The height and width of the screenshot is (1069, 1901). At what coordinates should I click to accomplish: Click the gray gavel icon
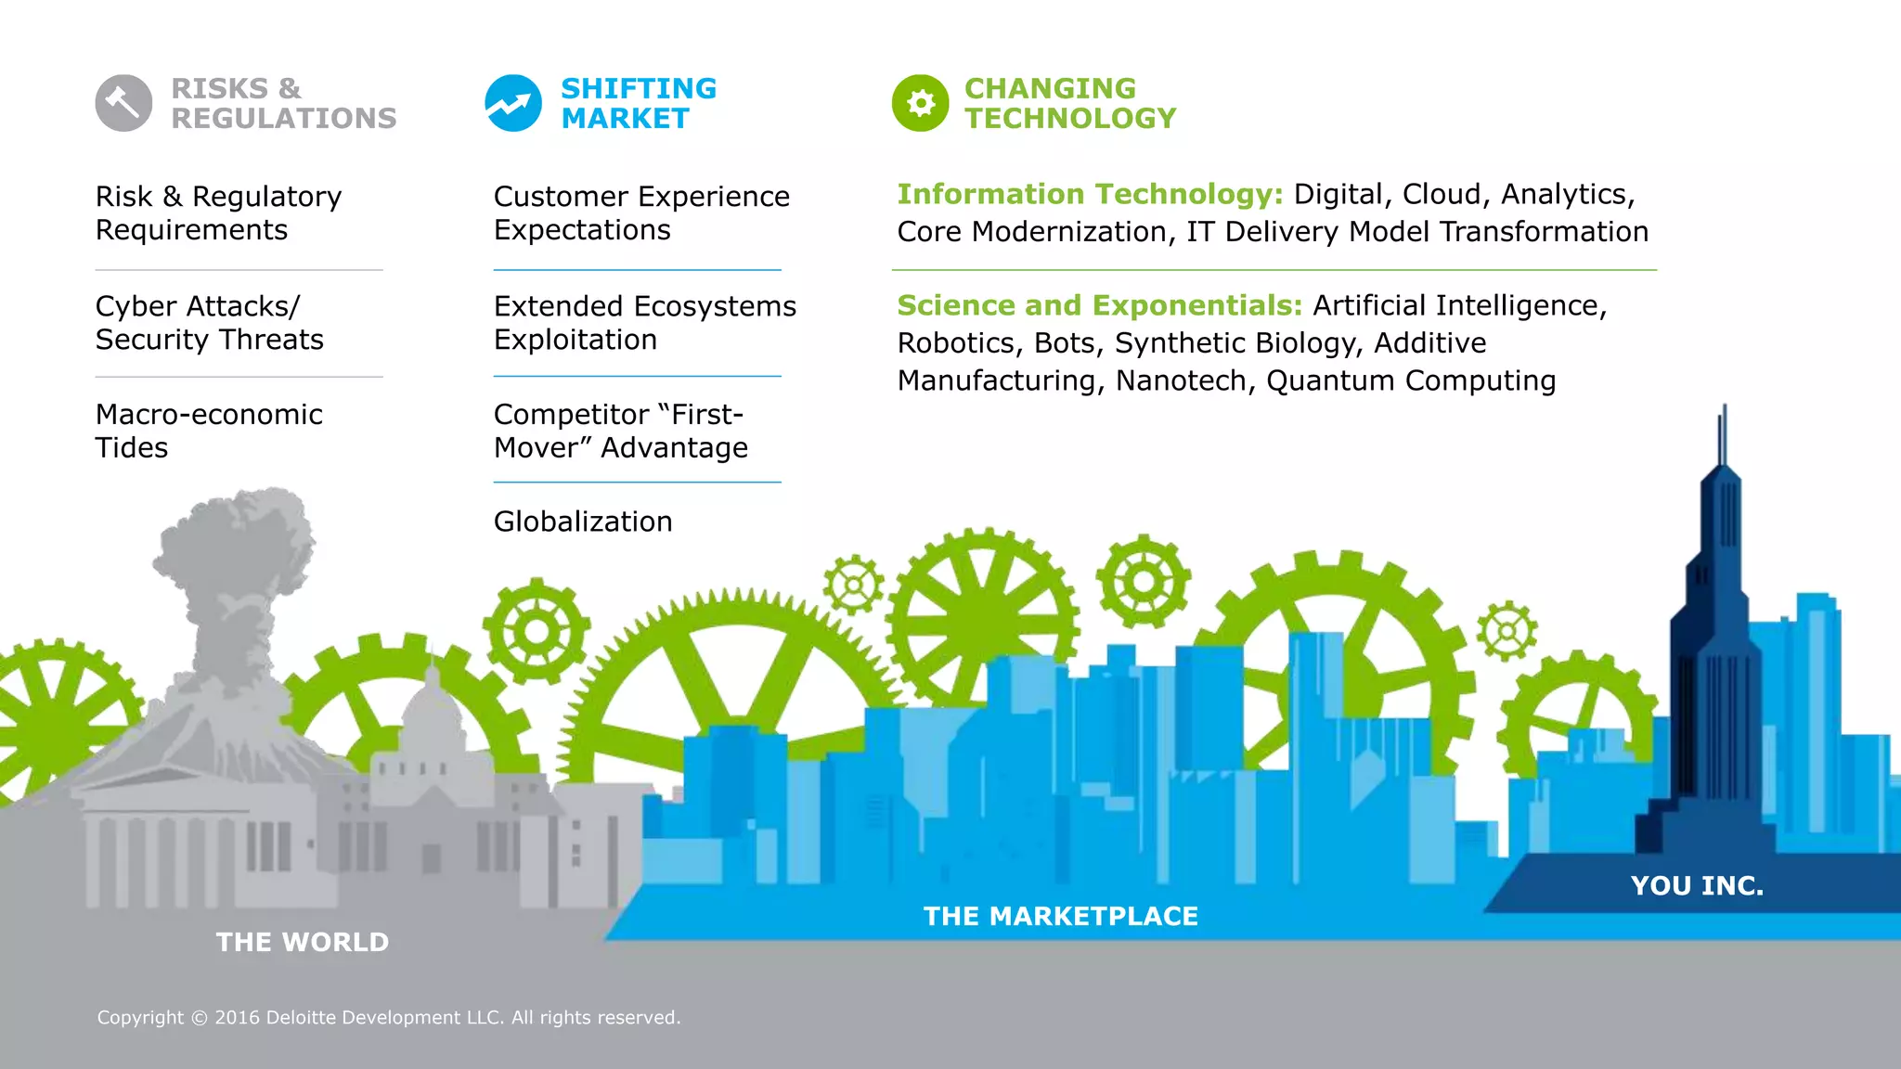(x=123, y=103)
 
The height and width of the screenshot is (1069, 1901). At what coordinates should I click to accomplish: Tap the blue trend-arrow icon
(x=513, y=103)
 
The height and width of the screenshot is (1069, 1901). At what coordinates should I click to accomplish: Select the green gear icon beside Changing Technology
(x=920, y=103)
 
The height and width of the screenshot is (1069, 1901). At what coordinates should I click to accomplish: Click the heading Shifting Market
(x=639, y=103)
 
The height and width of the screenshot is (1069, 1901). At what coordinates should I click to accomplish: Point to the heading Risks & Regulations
(x=283, y=103)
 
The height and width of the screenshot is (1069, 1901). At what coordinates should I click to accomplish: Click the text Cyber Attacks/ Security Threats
(x=210, y=323)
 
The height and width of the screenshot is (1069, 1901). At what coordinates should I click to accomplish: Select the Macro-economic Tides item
(x=209, y=431)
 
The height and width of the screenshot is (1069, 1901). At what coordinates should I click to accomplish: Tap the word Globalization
(x=583, y=522)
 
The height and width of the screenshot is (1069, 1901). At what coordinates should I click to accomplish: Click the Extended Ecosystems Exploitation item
(x=644, y=323)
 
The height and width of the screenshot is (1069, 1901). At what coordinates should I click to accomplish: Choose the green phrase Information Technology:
(x=1090, y=194)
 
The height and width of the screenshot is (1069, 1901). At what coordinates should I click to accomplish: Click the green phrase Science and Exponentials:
(x=1100, y=305)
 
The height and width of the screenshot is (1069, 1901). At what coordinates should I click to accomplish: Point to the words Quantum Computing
(x=1411, y=380)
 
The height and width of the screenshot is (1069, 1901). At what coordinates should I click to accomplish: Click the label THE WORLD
(x=303, y=942)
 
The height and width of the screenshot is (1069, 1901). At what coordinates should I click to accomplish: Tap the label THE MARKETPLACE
(x=1061, y=916)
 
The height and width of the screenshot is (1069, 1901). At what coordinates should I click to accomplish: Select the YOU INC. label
(x=1697, y=885)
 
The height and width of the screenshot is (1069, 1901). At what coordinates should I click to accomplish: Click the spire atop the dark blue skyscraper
(x=1724, y=436)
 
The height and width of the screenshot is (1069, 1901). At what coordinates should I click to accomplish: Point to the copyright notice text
(x=389, y=1018)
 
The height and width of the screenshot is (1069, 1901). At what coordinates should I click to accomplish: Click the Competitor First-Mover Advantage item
(x=620, y=431)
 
